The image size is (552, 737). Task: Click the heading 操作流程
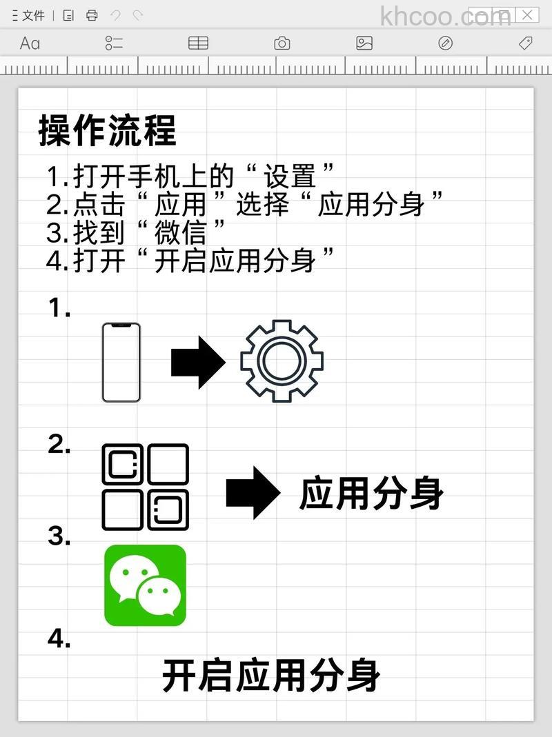click(107, 130)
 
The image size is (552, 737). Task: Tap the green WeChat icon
click(145, 585)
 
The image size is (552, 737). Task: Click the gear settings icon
click(282, 361)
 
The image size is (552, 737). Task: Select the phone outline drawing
click(121, 362)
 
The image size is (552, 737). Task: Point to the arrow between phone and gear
click(197, 362)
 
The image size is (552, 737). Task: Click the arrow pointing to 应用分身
click(253, 492)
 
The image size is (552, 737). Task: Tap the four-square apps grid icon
click(145, 487)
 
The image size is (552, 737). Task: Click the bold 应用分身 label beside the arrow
click(371, 494)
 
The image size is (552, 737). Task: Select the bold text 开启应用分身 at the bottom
click(271, 675)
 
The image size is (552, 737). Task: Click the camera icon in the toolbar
click(282, 43)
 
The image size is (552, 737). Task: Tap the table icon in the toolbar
click(198, 43)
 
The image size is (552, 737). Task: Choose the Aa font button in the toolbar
click(30, 43)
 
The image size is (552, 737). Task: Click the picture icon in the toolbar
click(364, 43)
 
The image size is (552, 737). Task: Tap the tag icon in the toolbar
click(525, 43)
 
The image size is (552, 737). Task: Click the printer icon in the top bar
click(92, 15)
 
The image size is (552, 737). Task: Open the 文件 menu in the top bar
click(32, 15)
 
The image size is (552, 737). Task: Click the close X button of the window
click(527, 14)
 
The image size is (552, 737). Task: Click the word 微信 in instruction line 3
click(180, 232)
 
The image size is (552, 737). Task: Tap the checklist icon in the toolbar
click(114, 43)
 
